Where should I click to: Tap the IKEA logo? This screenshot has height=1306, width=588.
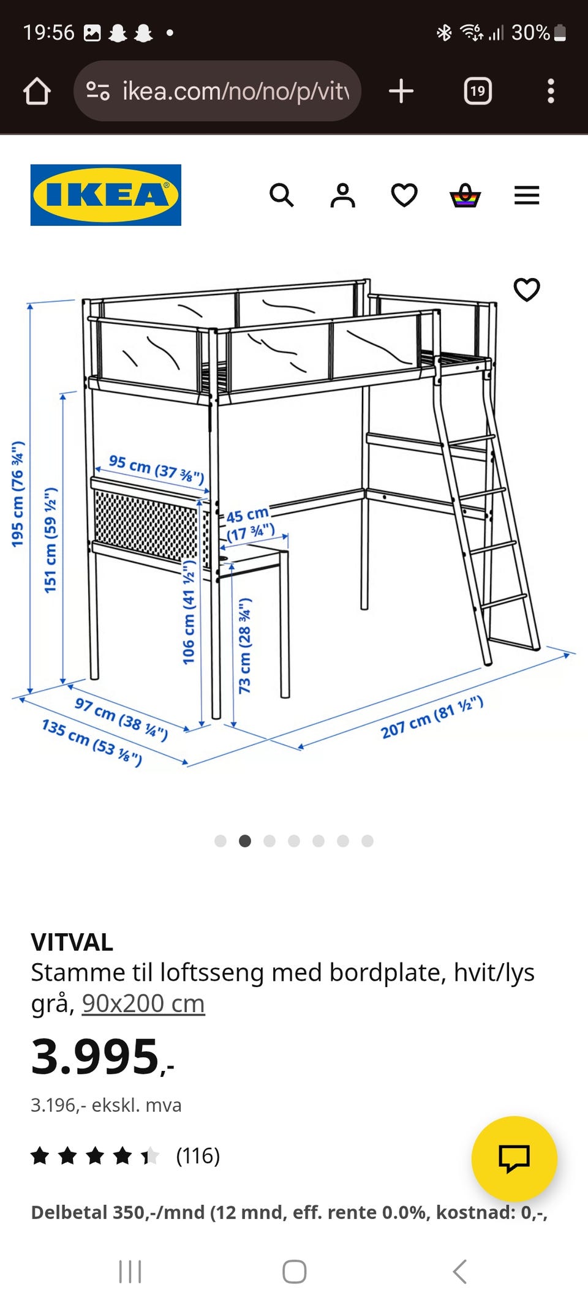(106, 195)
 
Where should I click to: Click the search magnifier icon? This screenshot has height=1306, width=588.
(282, 195)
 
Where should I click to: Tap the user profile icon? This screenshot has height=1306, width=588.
(343, 195)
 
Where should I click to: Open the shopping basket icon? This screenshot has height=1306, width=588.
(466, 195)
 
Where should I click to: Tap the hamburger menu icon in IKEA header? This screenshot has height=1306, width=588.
(527, 195)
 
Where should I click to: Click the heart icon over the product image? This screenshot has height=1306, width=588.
(527, 290)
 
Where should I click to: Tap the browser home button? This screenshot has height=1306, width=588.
(37, 91)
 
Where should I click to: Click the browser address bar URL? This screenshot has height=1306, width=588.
(236, 91)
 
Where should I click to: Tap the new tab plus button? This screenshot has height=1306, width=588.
(401, 91)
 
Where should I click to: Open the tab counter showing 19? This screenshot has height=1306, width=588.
(478, 91)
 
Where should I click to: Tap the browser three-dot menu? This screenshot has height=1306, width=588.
(551, 91)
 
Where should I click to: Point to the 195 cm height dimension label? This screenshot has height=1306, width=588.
(18, 494)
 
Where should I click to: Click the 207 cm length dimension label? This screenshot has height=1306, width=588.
(432, 718)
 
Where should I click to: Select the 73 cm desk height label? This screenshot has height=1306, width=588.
(245, 646)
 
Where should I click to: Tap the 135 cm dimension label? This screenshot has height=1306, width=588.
(92, 743)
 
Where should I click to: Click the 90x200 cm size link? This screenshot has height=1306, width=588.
(143, 1004)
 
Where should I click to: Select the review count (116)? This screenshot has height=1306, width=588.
(198, 1156)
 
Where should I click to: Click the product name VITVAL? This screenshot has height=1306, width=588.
(72, 942)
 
